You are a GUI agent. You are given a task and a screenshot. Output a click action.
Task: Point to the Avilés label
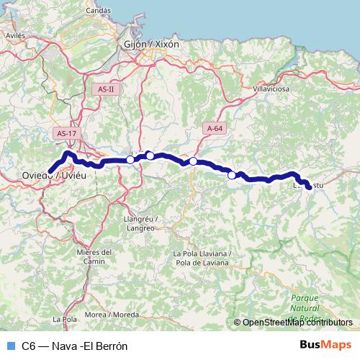(x=15, y=34)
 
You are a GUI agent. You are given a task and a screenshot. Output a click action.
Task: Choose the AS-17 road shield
(x=65, y=133)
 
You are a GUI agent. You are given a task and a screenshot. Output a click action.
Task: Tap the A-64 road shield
(x=214, y=128)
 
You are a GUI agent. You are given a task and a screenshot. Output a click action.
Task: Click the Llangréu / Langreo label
(x=140, y=222)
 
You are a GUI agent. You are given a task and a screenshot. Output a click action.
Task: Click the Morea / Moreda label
(x=112, y=315)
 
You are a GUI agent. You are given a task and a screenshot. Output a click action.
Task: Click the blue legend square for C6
(x=10, y=345)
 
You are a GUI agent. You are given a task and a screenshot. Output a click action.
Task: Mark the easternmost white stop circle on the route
(x=232, y=175)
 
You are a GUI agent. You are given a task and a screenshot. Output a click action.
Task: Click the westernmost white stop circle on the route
(x=130, y=160)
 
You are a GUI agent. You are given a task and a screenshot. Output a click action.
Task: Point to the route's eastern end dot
(x=309, y=187)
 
